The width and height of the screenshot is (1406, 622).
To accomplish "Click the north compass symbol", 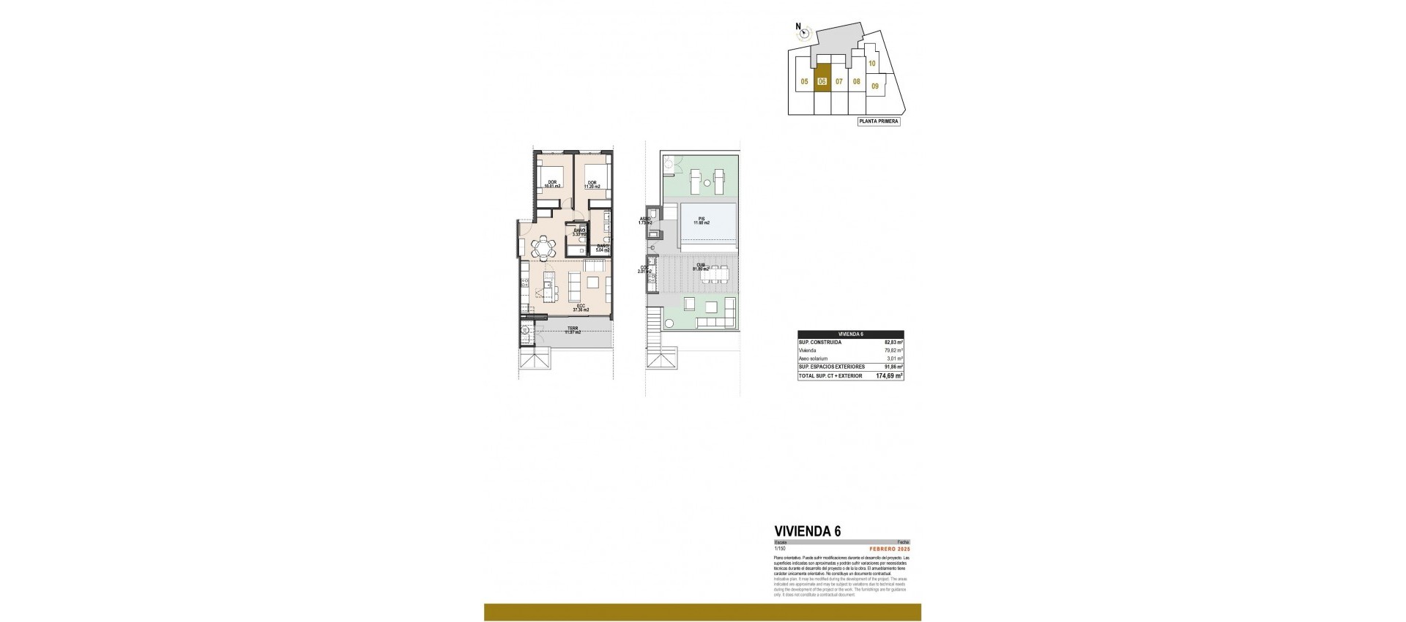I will click(x=805, y=31).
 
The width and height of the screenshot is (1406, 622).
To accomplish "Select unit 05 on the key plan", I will click(x=804, y=82).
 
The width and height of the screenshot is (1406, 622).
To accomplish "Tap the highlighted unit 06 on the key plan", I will click(x=822, y=82).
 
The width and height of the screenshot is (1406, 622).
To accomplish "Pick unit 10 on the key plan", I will click(x=871, y=64).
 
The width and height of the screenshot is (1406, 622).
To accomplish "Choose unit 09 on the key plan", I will click(x=875, y=86).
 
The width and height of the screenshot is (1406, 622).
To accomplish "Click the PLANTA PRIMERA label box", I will click(x=879, y=121).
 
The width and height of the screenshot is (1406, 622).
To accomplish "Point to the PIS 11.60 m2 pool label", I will click(x=702, y=220).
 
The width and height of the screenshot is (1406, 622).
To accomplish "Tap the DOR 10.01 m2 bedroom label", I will click(x=551, y=184).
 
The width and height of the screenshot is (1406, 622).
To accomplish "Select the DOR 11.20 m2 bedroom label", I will click(x=592, y=184).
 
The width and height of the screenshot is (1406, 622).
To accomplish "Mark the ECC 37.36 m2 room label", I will click(x=581, y=308).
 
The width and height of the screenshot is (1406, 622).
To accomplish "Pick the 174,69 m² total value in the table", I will click(x=889, y=375).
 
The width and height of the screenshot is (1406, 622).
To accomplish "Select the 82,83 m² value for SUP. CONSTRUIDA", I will click(x=893, y=342).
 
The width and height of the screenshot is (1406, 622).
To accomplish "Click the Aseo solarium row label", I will click(x=813, y=359).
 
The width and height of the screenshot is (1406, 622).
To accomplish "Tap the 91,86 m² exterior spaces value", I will click(x=893, y=367).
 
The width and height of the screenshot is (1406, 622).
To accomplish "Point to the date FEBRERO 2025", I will click(x=888, y=548).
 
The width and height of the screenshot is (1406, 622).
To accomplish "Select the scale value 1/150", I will click(x=779, y=548).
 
